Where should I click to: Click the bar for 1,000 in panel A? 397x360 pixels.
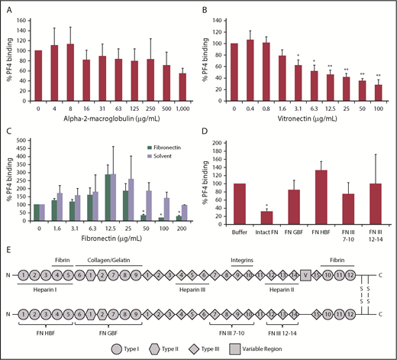[x=182, y=94]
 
